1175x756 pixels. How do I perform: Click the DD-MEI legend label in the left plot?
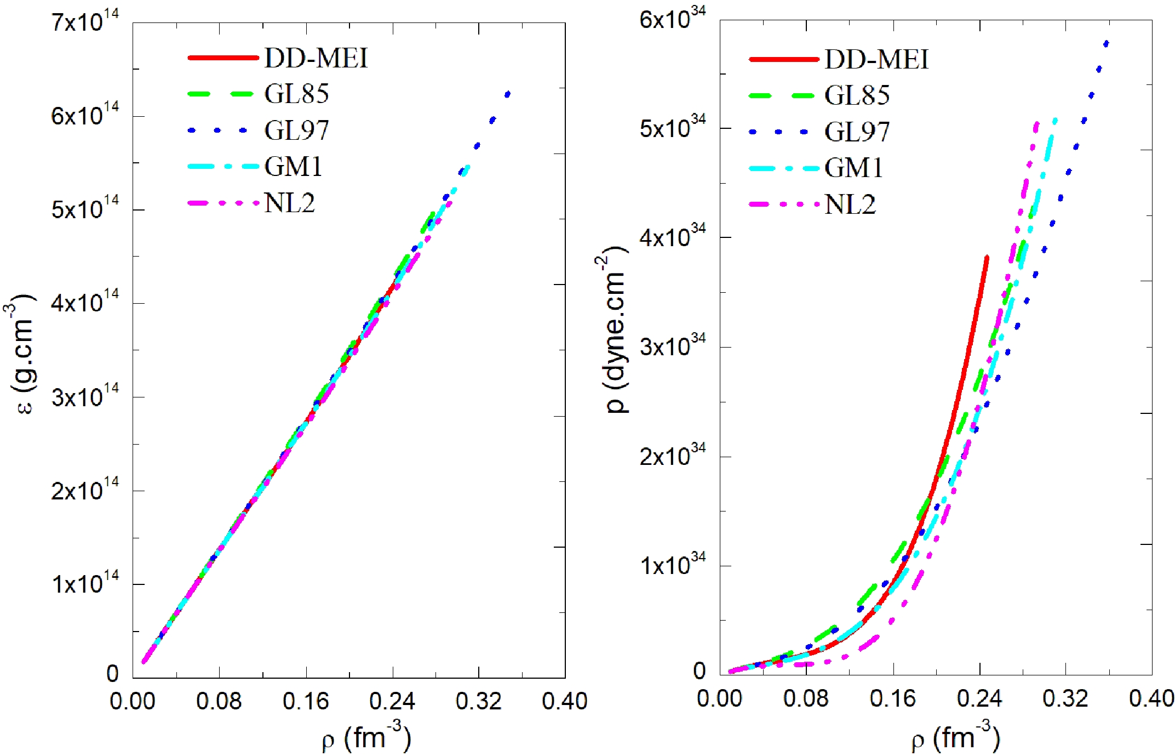click(316, 58)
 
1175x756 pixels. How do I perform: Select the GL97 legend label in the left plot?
click(296, 130)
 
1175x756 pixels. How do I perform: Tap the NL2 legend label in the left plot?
click(290, 203)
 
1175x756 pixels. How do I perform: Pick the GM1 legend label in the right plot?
click(854, 168)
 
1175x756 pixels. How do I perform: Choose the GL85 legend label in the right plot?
click(857, 95)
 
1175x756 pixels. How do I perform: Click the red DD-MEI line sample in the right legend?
click(783, 59)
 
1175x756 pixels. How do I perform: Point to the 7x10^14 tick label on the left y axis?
click(85, 23)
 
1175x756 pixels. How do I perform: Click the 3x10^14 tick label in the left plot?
click(85, 397)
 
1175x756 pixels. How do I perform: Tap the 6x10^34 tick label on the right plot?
click(673, 20)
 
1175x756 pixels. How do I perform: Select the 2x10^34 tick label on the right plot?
click(673, 456)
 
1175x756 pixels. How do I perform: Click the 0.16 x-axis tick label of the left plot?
click(306, 701)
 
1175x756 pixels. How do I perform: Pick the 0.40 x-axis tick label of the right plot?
click(1151, 699)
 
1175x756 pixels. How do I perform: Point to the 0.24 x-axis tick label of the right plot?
click(979, 699)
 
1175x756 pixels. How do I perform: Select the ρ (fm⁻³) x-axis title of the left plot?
click(366, 738)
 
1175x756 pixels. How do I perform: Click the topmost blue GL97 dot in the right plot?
click(1106, 44)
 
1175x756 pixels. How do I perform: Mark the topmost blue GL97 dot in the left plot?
click(507, 95)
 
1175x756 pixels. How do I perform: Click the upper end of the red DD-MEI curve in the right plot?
click(987, 257)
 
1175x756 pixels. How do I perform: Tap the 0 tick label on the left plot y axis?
click(112, 674)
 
